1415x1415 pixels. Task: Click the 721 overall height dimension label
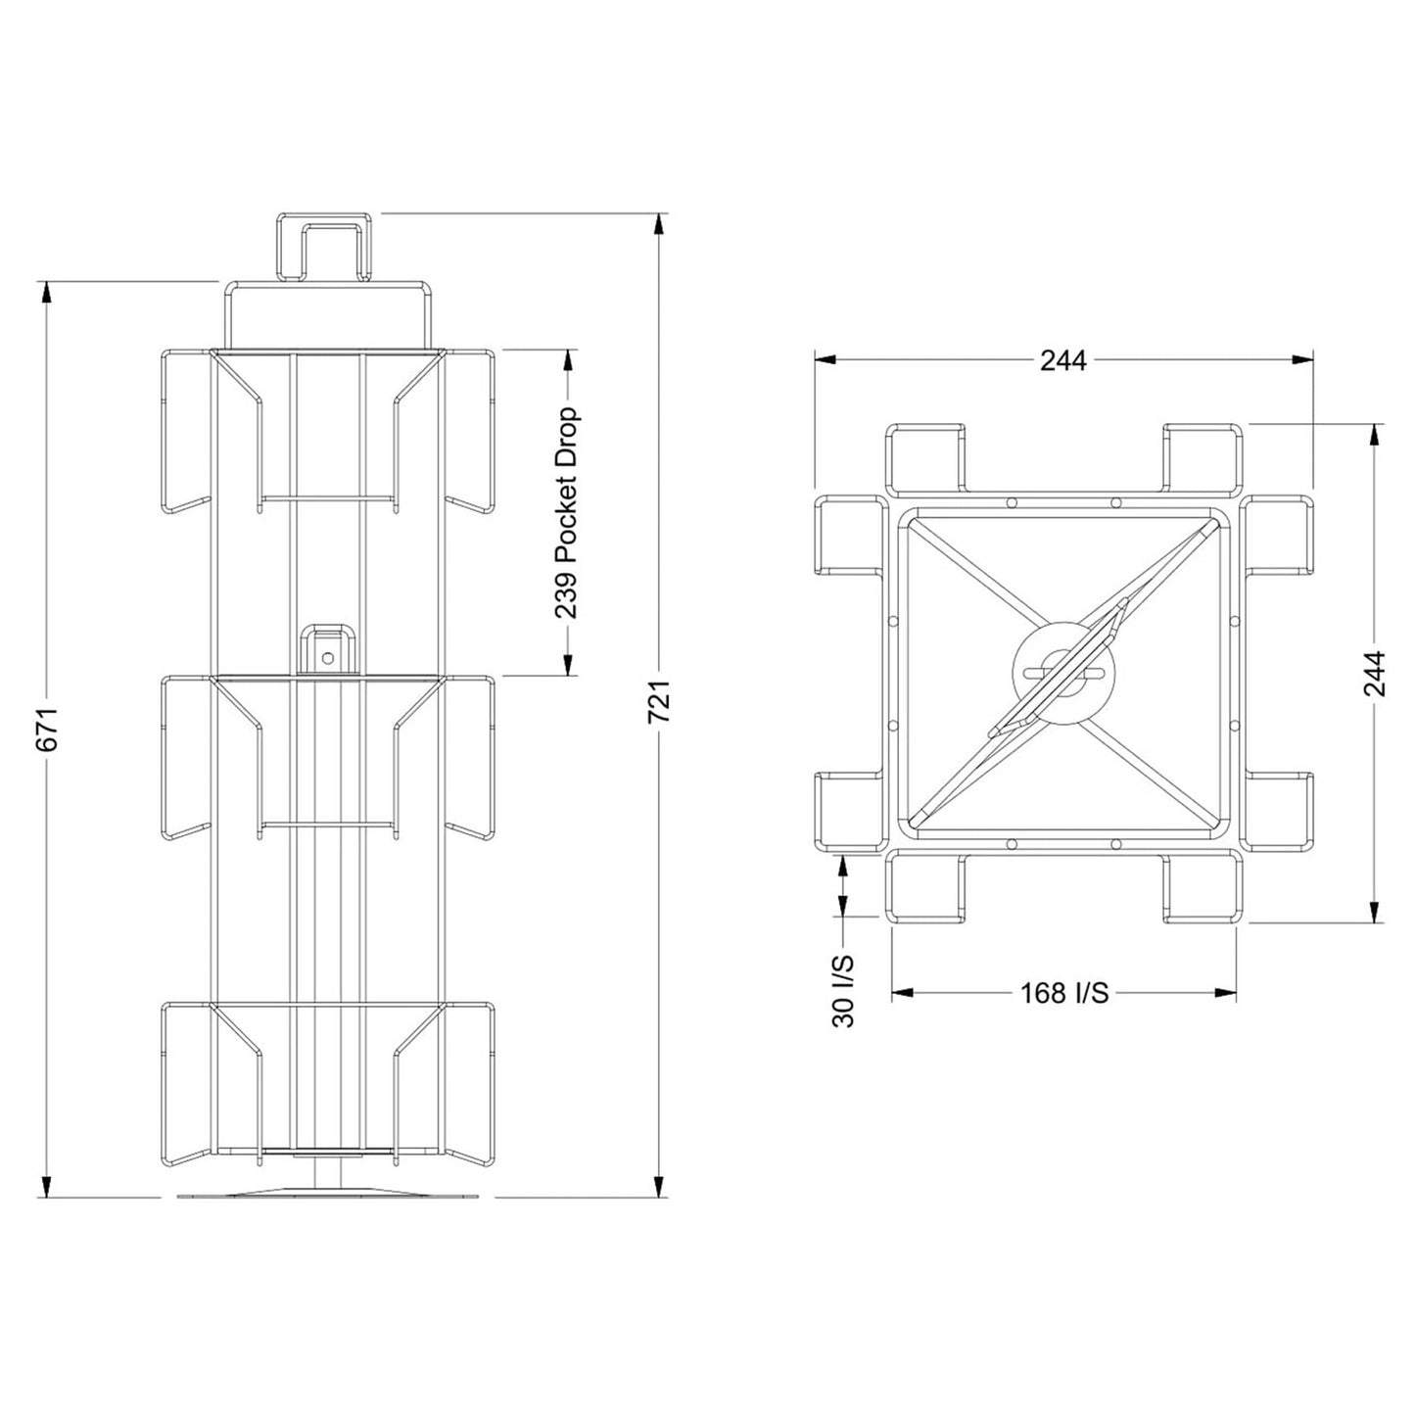pos(660,701)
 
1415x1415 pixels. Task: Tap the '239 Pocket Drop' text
pos(567,514)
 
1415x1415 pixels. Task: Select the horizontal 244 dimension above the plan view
pos(1062,361)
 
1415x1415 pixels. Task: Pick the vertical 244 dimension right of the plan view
pos(1375,673)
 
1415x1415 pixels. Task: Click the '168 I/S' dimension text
pos(1064,993)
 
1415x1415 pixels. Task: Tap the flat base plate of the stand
pos(328,1196)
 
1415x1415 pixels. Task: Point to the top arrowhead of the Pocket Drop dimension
pos(567,360)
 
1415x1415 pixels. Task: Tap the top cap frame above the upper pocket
pos(328,311)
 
